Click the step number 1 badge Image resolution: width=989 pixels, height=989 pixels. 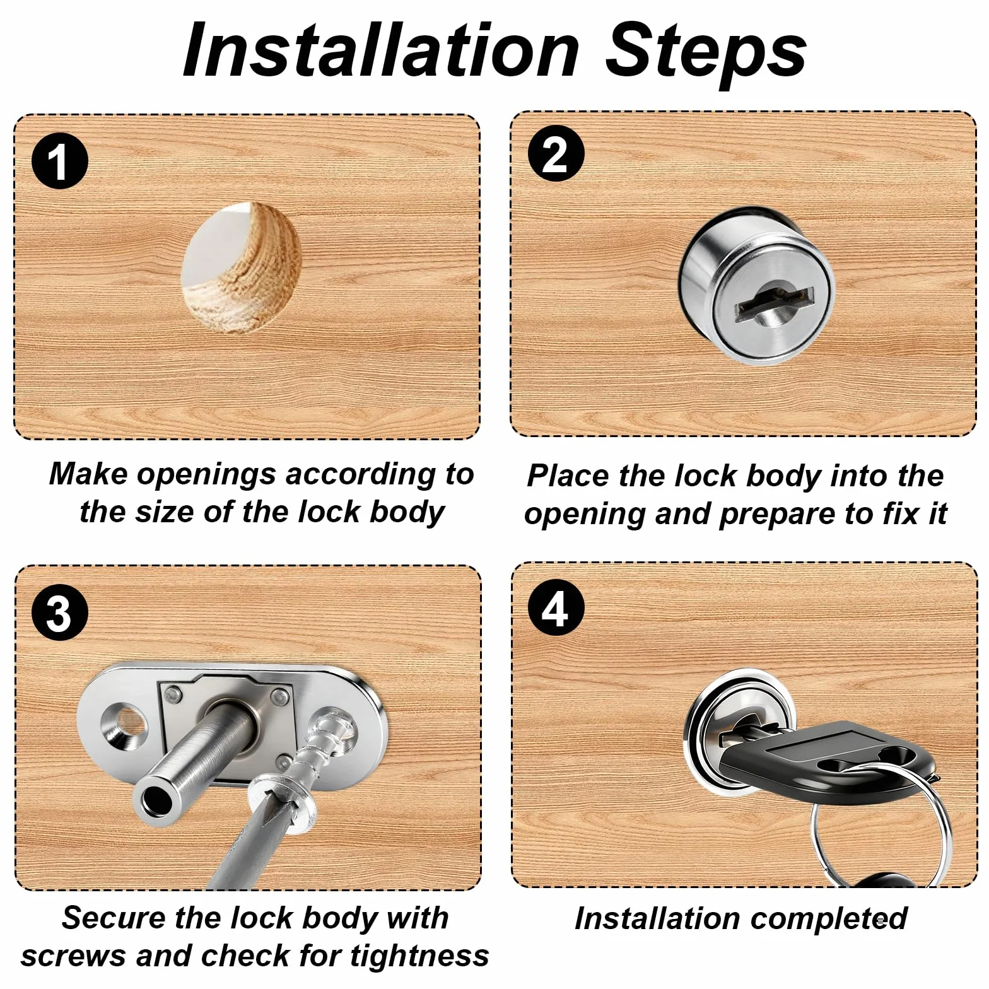click(x=60, y=161)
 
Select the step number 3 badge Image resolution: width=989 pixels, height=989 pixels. click(x=60, y=612)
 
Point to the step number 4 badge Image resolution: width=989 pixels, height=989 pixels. click(x=556, y=608)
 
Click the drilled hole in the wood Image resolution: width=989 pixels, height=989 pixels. click(x=241, y=267)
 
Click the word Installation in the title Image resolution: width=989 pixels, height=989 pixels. click(x=381, y=50)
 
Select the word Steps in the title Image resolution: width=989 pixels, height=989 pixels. click(x=706, y=53)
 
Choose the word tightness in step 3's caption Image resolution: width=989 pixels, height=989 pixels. click(x=419, y=956)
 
